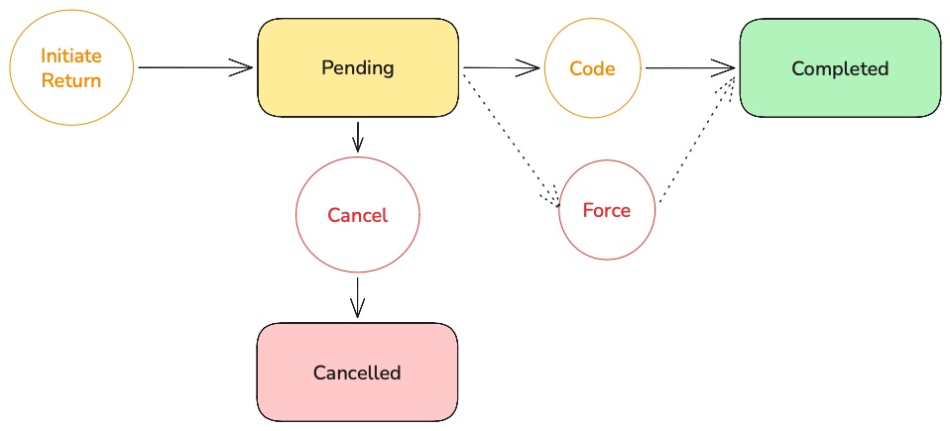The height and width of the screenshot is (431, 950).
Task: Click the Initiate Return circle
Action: [70, 68]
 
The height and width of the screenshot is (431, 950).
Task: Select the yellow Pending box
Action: [358, 68]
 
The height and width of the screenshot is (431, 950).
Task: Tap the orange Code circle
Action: [592, 68]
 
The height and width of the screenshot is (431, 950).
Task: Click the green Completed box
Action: [840, 68]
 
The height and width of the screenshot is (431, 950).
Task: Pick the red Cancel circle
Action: [357, 215]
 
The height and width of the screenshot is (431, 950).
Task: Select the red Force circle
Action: [607, 211]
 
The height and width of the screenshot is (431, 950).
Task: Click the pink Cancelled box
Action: [357, 373]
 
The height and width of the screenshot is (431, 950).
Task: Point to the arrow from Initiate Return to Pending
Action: [193, 68]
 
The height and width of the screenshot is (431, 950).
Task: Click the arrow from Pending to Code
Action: [501, 68]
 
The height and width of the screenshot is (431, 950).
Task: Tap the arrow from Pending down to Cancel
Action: [358, 137]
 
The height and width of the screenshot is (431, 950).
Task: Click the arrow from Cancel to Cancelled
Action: [357, 296]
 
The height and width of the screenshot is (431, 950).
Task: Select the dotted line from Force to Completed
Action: [696, 139]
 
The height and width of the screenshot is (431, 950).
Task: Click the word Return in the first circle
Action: [71, 80]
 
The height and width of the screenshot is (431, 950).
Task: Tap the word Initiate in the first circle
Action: [71, 56]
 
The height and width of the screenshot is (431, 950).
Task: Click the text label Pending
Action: [358, 68]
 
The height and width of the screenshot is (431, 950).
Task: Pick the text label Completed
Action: [840, 68]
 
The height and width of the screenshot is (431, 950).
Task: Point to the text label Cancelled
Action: [357, 373]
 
